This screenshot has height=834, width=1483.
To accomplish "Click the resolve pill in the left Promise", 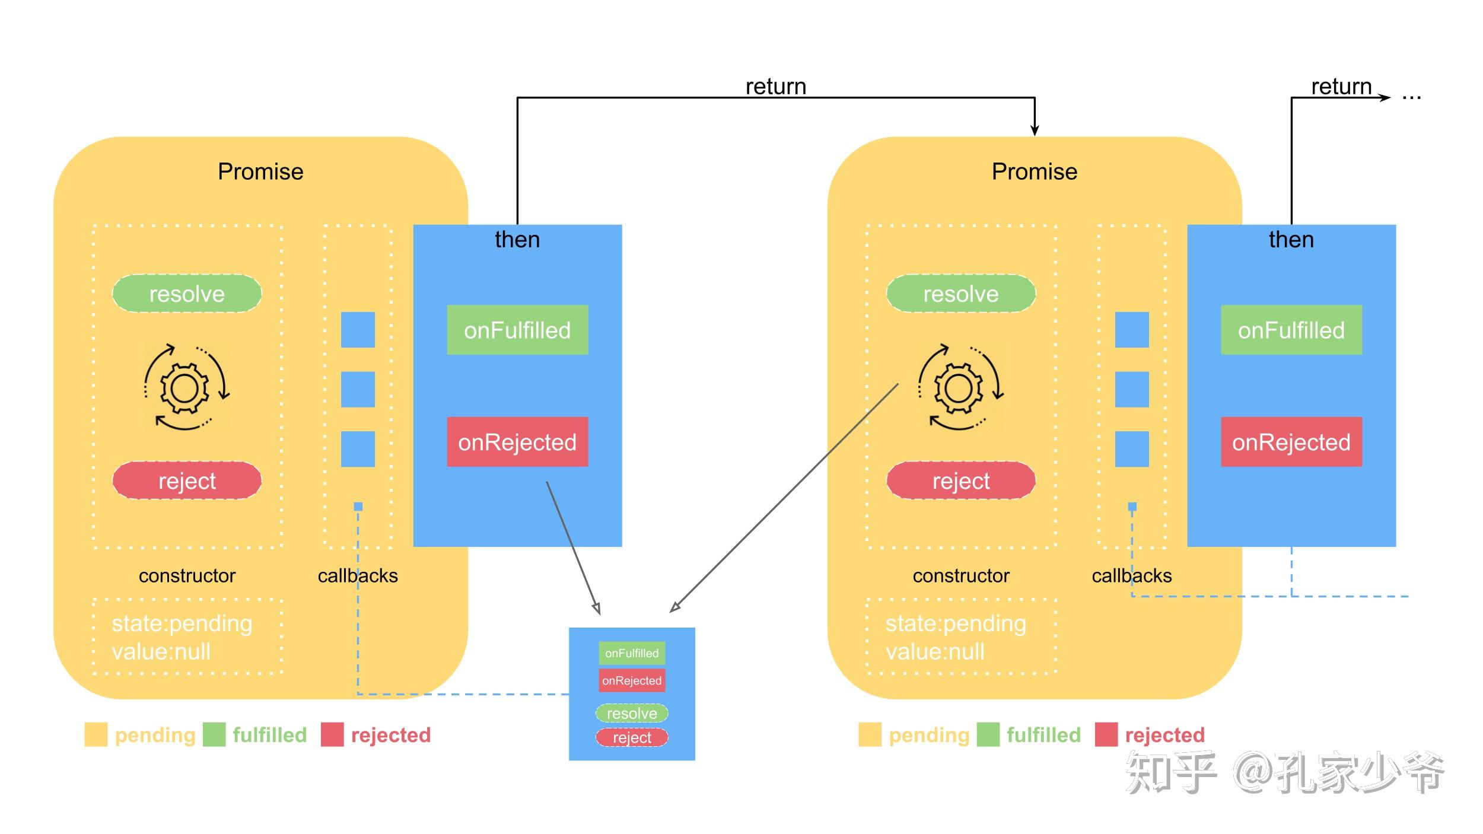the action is (187, 294).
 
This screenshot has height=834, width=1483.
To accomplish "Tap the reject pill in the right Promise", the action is (961, 480).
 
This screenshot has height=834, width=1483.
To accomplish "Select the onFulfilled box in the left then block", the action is (517, 330).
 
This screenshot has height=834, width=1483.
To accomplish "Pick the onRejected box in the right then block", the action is (1291, 442).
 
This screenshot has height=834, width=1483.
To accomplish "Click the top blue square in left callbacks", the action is (358, 330).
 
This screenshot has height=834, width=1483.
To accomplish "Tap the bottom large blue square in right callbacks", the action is (1132, 449).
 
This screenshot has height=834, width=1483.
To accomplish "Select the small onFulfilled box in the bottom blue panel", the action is (632, 653).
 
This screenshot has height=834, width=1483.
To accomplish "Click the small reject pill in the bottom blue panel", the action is (632, 737).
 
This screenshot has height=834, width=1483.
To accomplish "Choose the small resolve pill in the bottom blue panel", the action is (632, 713).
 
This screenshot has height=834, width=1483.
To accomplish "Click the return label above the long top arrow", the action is (776, 87).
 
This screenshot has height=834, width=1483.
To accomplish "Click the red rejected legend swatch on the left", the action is (332, 734).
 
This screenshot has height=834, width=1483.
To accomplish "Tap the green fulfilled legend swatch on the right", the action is (988, 734).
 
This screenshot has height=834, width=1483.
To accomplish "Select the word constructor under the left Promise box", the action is (187, 575).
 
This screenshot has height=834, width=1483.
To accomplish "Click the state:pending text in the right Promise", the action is (956, 623).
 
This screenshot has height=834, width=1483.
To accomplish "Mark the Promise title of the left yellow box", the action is (260, 171).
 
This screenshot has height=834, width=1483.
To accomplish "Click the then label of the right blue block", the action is (1291, 240).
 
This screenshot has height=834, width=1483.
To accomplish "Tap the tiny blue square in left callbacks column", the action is (358, 507).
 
